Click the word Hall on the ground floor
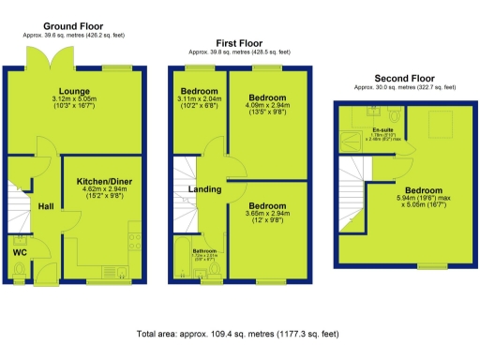coord(45,206)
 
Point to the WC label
coord(20,251)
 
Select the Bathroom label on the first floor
coord(204,251)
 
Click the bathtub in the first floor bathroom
coord(183,262)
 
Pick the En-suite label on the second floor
coord(382,128)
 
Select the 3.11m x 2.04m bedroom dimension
coord(199,101)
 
